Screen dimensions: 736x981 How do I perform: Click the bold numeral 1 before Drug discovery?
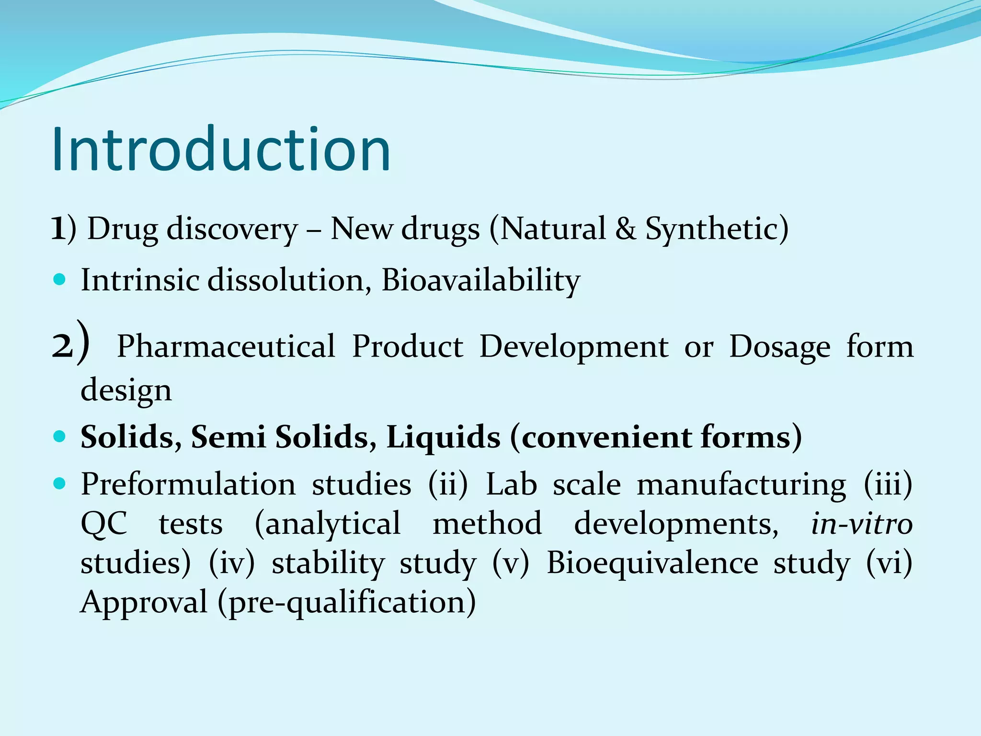[x=58, y=229]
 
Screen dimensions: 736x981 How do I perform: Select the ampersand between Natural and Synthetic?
[x=626, y=229]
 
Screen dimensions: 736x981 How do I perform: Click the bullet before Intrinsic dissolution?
[x=59, y=279]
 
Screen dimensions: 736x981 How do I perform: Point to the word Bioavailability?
[x=480, y=280]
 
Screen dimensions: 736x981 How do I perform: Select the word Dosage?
[x=779, y=347]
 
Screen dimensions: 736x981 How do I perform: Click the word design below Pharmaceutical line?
[x=125, y=390]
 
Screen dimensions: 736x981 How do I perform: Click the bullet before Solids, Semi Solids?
[x=59, y=437]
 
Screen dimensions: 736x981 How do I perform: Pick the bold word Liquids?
[x=443, y=437]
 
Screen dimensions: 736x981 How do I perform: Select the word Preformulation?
[x=188, y=484]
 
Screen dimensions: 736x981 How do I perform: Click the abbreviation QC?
[x=104, y=524]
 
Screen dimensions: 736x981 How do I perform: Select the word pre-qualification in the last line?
[x=347, y=602]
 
